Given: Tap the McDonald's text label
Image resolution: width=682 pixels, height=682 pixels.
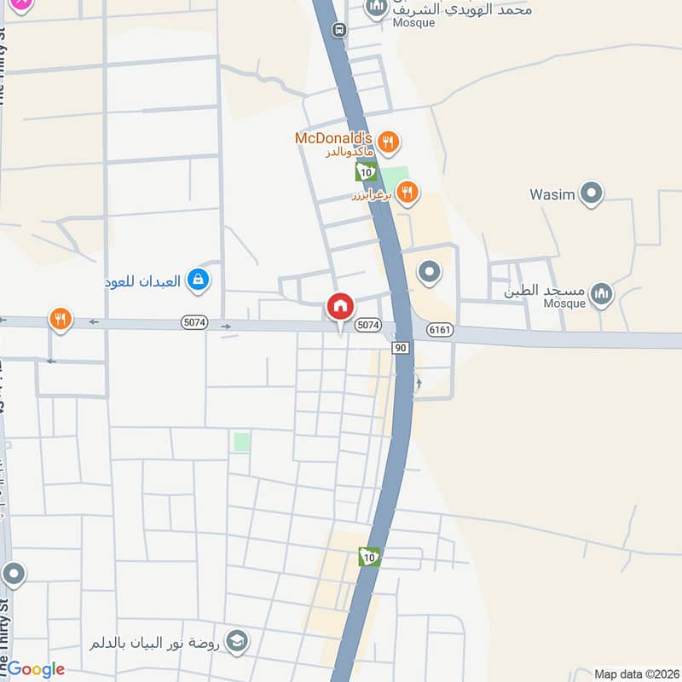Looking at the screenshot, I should [x=333, y=137].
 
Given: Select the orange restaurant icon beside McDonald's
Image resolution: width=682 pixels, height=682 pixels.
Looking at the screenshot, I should [x=388, y=142].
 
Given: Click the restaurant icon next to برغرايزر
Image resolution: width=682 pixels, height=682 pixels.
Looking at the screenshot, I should [x=407, y=194].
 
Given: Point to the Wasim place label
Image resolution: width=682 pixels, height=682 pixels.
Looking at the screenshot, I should [x=552, y=194].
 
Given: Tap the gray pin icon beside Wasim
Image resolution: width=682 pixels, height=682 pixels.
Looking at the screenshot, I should [x=590, y=194].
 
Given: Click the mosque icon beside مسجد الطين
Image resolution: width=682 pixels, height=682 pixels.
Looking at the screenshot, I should [x=602, y=294].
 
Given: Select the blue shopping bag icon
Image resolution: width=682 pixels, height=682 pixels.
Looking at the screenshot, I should [x=198, y=279].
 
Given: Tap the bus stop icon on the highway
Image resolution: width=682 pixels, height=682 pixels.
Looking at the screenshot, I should [x=340, y=30].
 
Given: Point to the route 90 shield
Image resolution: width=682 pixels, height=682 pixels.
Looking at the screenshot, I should [x=400, y=347].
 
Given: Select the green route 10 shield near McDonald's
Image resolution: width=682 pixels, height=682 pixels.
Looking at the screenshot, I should [x=366, y=171].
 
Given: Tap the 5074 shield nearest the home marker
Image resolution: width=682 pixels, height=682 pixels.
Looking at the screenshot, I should [x=367, y=325].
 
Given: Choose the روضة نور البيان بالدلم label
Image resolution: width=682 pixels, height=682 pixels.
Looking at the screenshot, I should [x=156, y=643].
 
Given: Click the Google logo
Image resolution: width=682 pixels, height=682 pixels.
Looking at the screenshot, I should [x=36, y=669].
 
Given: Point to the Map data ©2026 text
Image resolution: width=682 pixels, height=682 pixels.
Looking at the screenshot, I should [x=635, y=673].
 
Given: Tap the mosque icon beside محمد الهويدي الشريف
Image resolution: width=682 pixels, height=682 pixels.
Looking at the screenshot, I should [x=377, y=9].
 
